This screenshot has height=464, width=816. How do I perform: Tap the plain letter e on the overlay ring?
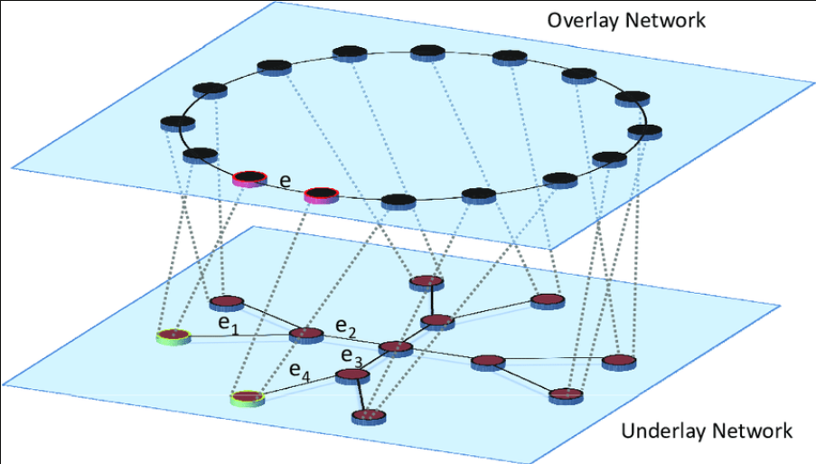286,181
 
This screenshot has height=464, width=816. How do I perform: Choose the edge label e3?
352,356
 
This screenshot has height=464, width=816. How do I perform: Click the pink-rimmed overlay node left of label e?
249,178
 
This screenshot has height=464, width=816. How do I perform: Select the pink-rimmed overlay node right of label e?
322,195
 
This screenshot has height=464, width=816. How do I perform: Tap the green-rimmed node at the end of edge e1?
174,337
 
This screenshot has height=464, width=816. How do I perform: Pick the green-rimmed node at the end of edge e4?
248,398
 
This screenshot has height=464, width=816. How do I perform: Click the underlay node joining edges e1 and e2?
306,335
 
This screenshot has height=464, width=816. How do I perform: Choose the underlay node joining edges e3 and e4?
352,376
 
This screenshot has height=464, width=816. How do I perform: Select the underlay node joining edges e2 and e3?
396,348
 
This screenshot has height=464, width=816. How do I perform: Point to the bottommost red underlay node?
369,417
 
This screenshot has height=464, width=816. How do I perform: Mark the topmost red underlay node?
427,283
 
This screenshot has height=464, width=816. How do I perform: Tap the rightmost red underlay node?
619,362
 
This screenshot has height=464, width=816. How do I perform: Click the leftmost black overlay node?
178,124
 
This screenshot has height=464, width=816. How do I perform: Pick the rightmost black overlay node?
645,132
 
